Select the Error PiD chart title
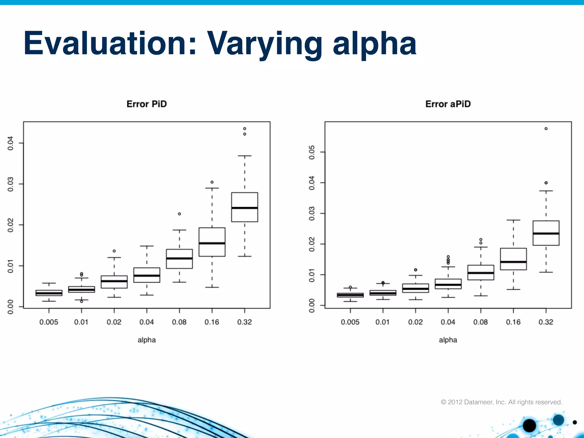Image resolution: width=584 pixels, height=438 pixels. pyautogui.click(x=147, y=104)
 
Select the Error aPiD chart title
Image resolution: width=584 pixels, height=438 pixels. pyautogui.click(x=448, y=104)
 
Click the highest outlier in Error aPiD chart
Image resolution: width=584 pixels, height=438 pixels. pyautogui.click(x=546, y=129)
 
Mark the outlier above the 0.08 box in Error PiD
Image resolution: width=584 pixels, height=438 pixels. pyautogui.click(x=179, y=214)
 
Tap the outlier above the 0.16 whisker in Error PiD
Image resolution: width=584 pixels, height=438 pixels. pyautogui.click(x=212, y=182)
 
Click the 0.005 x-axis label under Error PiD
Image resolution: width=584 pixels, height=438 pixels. pyautogui.click(x=49, y=322)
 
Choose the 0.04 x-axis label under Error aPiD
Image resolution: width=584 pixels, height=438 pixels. pyautogui.click(x=448, y=322)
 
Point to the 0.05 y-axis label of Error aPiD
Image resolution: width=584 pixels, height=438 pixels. pyautogui.click(x=312, y=152)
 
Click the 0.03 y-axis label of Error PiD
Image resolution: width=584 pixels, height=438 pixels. pyautogui.click(x=11, y=184)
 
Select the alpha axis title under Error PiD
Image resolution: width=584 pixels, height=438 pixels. pyautogui.click(x=147, y=340)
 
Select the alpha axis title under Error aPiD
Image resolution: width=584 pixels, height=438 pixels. pyautogui.click(x=448, y=340)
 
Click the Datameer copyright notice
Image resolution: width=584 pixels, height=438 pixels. pyautogui.click(x=501, y=402)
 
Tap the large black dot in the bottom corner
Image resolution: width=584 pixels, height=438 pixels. pyautogui.click(x=529, y=425)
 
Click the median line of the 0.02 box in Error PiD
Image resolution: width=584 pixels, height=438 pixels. pyautogui.click(x=114, y=281)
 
